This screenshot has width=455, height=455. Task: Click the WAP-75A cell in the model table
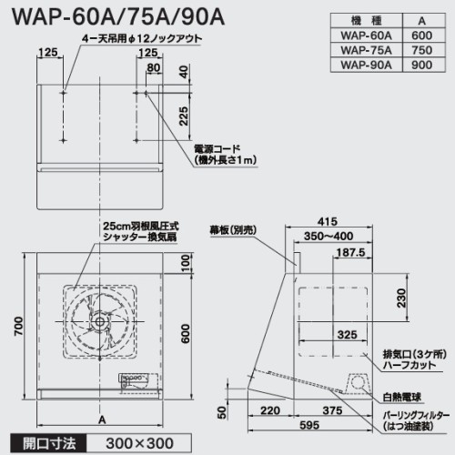367,50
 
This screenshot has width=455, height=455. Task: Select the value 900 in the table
421,65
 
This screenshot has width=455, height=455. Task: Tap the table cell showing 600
421,35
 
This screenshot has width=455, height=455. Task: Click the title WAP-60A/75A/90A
118,16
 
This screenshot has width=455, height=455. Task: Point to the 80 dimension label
154,67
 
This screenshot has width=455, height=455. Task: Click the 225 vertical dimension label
184,116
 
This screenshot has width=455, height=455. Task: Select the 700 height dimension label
18,326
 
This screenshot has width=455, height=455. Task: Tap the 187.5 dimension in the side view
350,252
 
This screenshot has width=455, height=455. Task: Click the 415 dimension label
328,221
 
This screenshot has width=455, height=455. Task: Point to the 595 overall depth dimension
309,425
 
